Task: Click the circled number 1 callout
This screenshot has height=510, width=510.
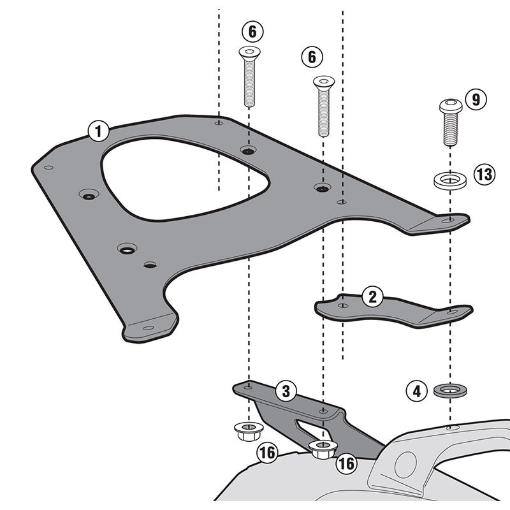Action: coord(98,132)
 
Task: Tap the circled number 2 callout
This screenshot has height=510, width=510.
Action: coord(372,296)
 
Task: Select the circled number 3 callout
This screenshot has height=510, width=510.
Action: coord(286,390)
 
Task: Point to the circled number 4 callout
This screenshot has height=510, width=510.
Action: coord(417,390)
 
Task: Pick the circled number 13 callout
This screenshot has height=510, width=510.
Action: coord(484,173)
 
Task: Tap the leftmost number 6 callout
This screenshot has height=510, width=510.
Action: coord(252,30)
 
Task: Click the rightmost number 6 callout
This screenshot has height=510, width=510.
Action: coord(312,57)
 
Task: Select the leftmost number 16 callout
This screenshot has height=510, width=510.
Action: coord(266,453)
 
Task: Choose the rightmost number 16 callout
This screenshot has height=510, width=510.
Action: coord(346,463)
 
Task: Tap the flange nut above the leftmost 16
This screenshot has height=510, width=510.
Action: coord(245,432)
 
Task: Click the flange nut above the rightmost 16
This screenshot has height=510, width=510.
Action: coord(322,448)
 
